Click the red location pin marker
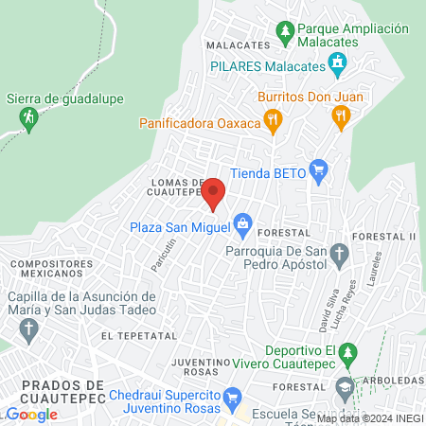[213, 192]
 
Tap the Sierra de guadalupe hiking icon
[28, 117]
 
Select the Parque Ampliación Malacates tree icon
[285, 36]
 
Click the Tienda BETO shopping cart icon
[318, 170]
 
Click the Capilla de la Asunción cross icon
[28, 330]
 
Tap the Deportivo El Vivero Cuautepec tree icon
[349, 355]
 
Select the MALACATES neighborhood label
[232, 44]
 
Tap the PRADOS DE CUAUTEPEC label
[62, 392]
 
